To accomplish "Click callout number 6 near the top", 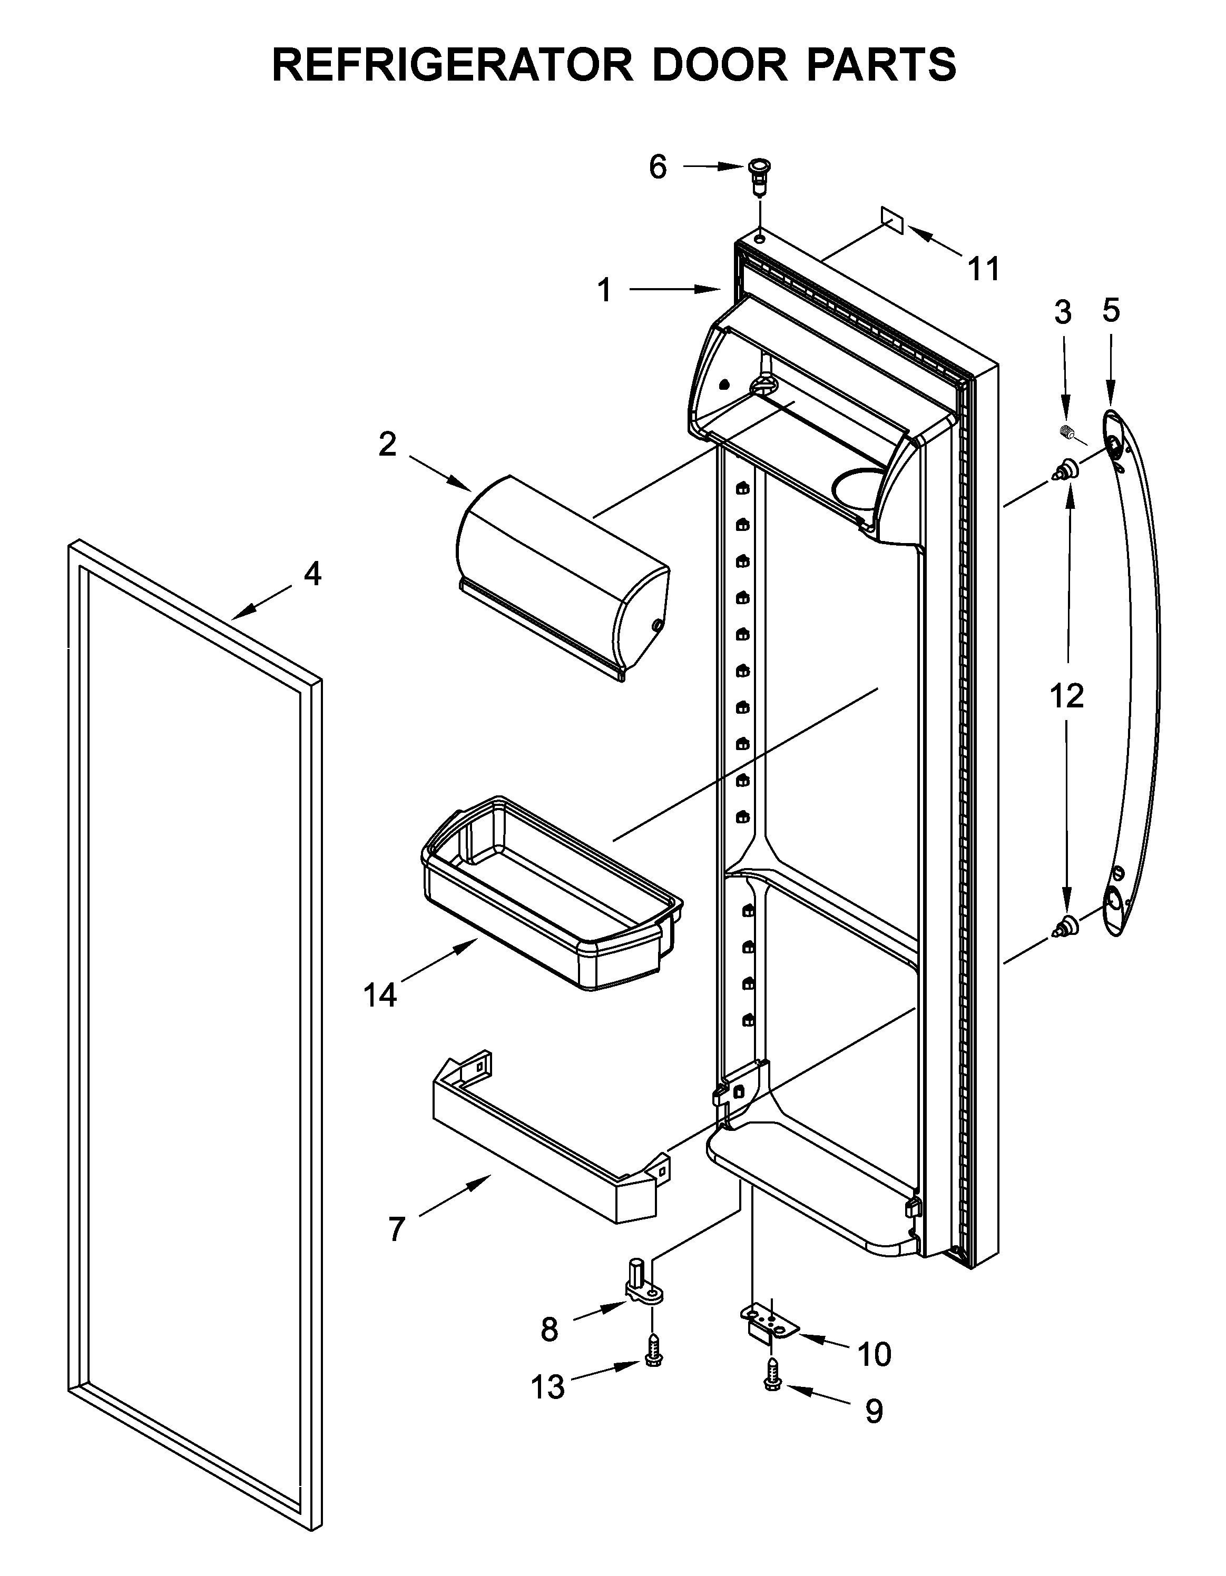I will pyautogui.click(x=658, y=168).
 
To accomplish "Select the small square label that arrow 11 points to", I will pyautogui.click(x=892, y=220).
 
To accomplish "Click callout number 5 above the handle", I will pyautogui.click(x=1111, y=310).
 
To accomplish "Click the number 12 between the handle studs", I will pyautogui.click(x=1066, y=696).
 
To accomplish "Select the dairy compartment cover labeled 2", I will pyautogui.click(x=563, y=577).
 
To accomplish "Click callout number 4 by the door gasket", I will pyautogui.click(x=312, y=574).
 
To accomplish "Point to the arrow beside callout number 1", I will pyautogui.click(x=675, y=289).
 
